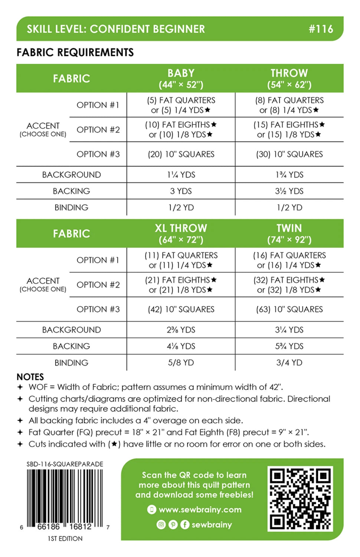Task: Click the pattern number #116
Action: point(321,29)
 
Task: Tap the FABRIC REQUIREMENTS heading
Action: point(75,52)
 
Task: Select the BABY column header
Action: point(181,78)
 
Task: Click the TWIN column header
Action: point(289,234)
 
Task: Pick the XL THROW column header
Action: point(181,234)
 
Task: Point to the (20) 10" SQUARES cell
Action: point(181,154)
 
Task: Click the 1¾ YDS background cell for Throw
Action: point(289,175)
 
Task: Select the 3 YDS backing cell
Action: point(181,191)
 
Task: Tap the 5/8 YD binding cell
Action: point(181,362)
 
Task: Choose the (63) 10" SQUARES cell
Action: point(289,309)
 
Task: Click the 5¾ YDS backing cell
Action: point(289,346)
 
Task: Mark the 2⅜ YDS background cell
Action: point(181,330)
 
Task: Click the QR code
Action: point(300,499)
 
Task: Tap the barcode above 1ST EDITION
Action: point(65,498)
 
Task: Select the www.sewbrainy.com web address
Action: point(200,509)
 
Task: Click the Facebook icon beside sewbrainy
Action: point(184,524)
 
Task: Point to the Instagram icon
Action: point(161,524)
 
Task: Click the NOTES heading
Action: point(30,377)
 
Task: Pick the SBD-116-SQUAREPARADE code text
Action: point(65,464)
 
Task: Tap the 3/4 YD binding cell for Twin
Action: point(289,362)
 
